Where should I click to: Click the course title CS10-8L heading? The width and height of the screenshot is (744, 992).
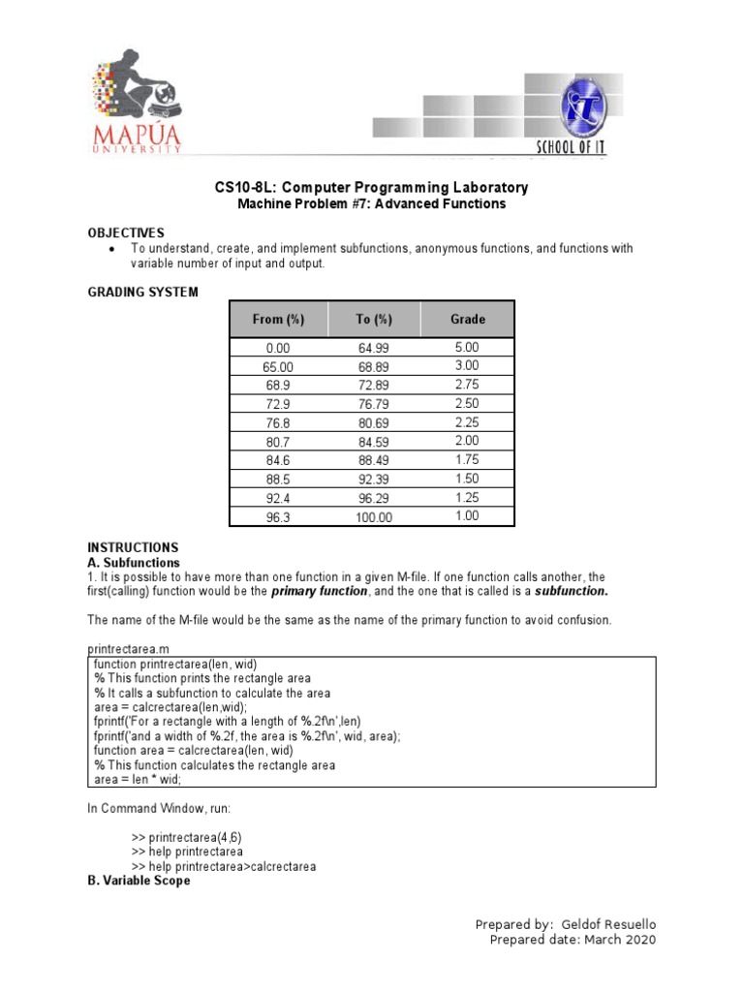(x=372, y=187)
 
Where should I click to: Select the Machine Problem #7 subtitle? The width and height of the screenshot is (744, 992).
(x=372, y=204)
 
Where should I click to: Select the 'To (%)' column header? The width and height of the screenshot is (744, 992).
(x=373, y=319)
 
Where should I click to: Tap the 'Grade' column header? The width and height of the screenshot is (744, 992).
(x=468, y=319)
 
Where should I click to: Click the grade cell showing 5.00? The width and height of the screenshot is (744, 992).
(x=467, y=348)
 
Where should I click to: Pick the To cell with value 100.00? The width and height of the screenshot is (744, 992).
(x=373, y=517)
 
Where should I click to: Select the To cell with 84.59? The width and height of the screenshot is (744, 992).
(x=373, y=443)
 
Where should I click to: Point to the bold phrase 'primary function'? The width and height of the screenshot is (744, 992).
(x=319, y=591)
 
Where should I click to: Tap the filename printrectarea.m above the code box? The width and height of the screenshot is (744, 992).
(x=133, y=648)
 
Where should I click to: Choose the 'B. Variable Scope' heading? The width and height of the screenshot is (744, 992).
(x=139, y=881)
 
